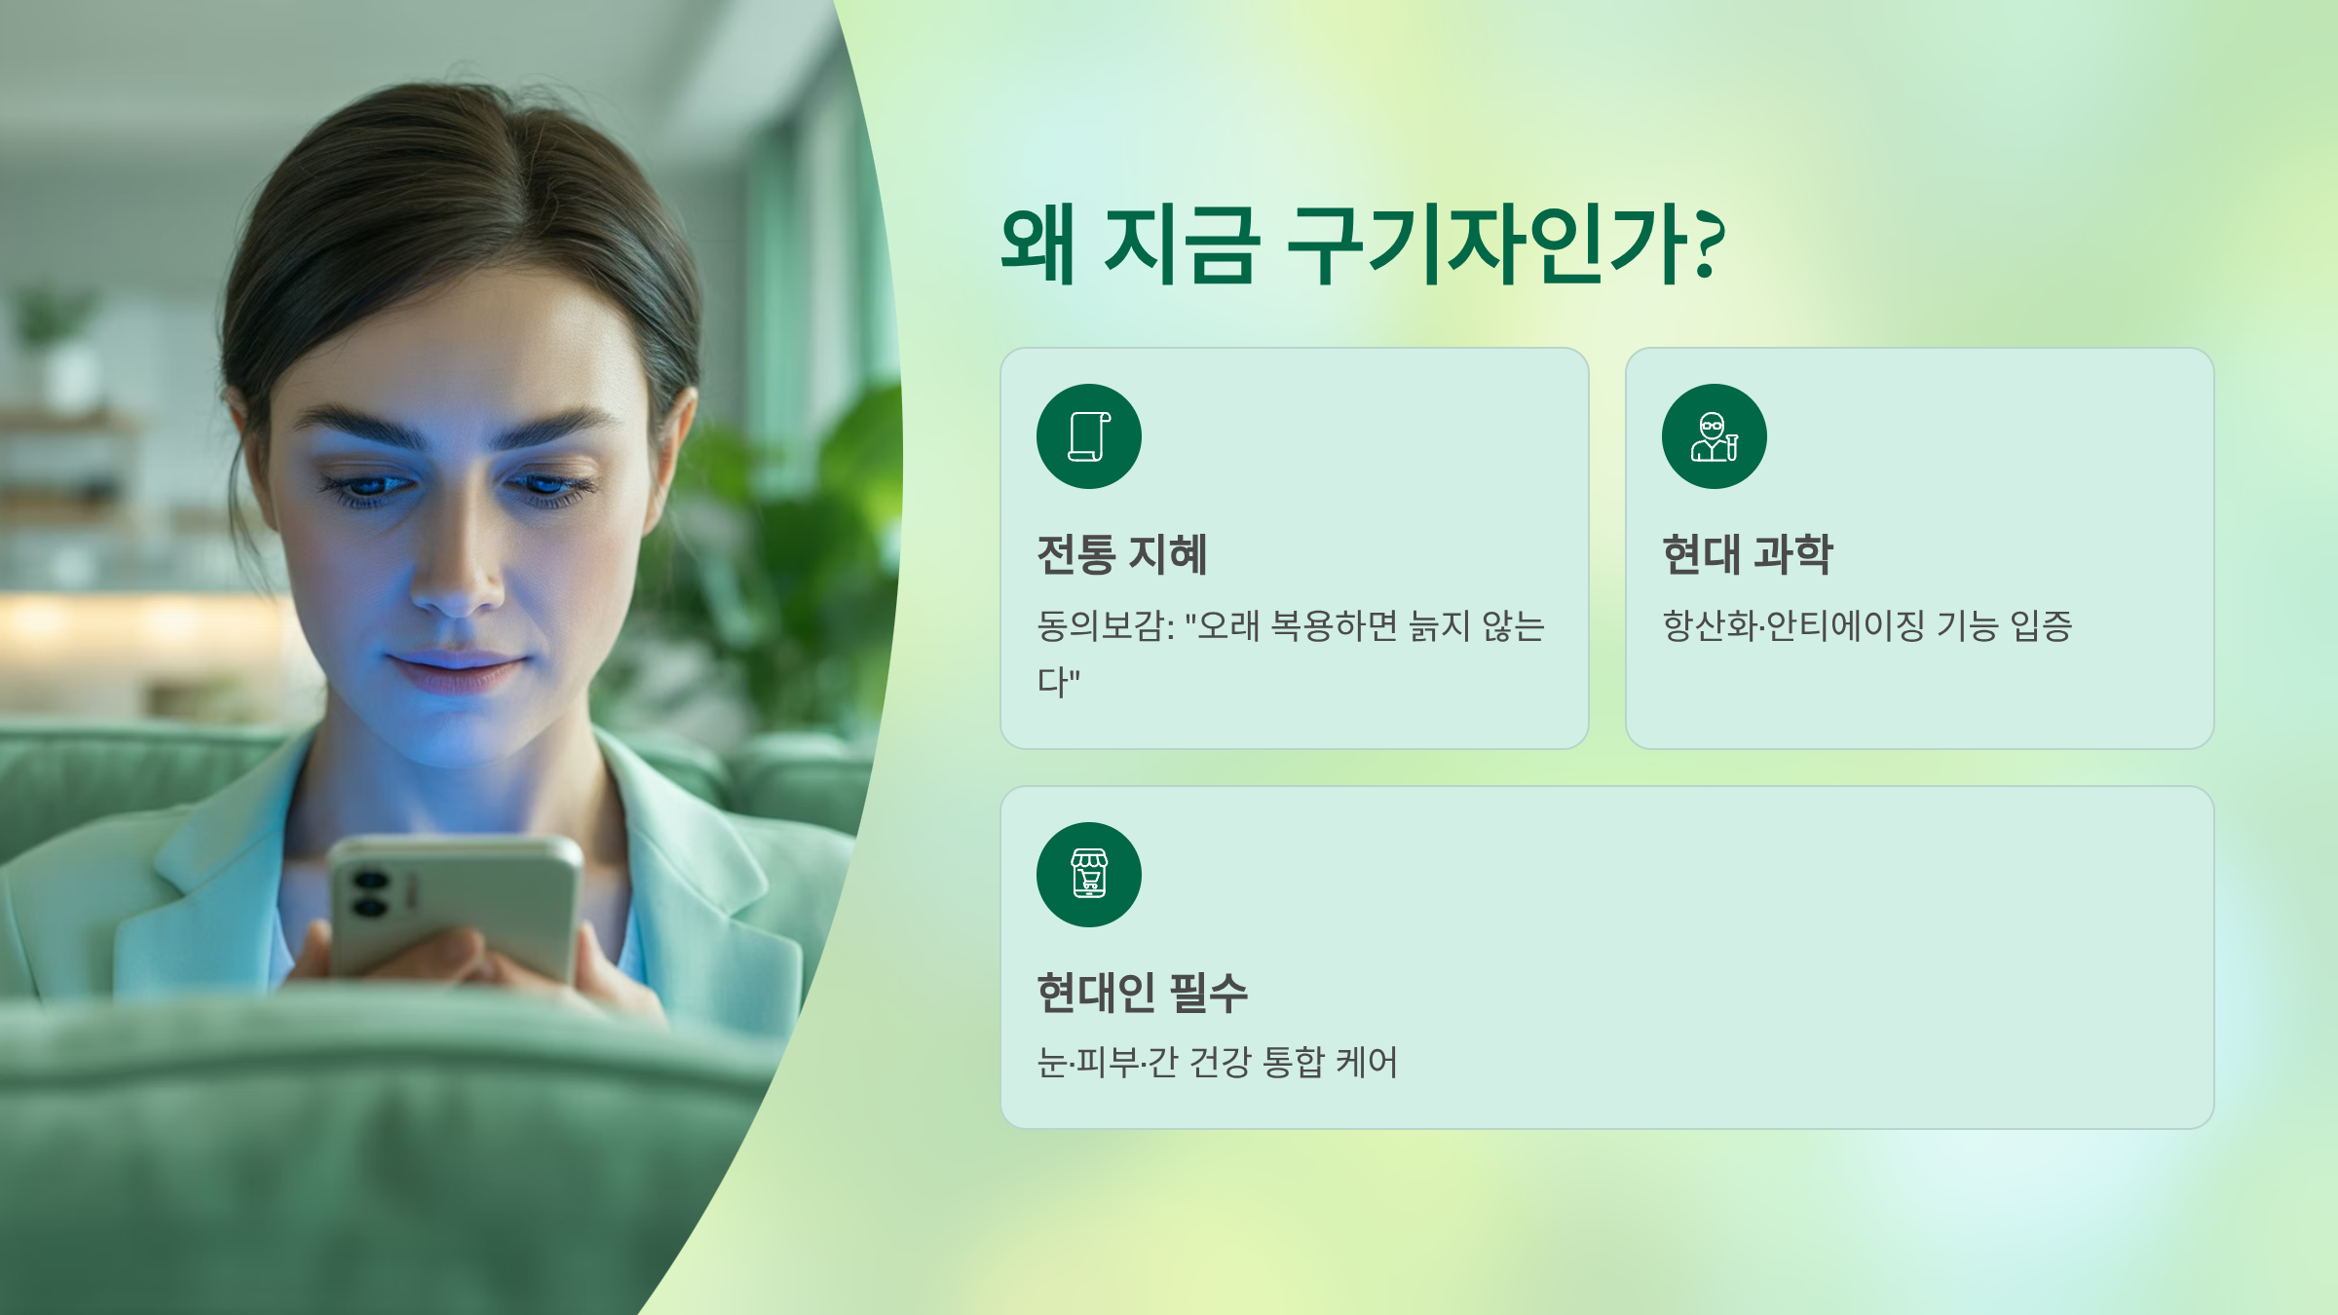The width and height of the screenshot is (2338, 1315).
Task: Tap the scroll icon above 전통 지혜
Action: [1088, 436]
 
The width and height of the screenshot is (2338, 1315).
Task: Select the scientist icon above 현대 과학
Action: [1714, 436]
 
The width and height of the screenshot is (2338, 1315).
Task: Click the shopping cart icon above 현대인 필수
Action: [1088, 874]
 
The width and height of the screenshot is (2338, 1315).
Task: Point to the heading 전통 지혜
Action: [1121, 554]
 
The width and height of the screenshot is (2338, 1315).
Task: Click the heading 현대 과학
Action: [1747, 554]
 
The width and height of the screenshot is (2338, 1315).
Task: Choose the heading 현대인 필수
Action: [1142, 993]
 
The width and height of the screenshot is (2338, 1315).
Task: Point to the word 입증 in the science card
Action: [2041, 625]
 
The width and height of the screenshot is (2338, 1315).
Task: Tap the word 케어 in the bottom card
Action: [1367, 1062]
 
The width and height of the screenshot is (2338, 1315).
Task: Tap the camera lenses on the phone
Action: [370, 894]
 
